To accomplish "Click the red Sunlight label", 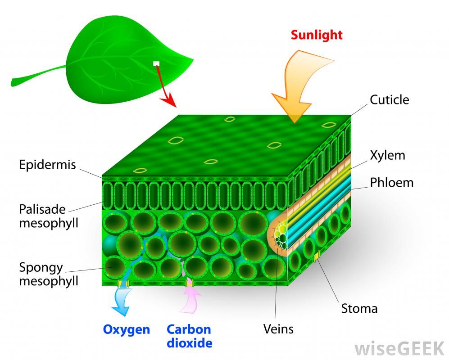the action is pyautogui.click(x=317, y=35).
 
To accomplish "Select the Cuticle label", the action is pyautogui.click(x=390, y=100).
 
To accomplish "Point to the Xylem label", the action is pyautogui.click(x=387, y=155).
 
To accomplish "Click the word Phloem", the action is pyautogui.click(x=392, y=183).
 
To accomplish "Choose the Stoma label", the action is pyautogui.click(x=359, y=309).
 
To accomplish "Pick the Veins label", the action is pyautogui.click(x=278, y=329).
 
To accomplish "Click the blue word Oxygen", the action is pyautogui.click(x=126, y=330).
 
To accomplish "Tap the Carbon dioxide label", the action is pyautogui.click(x=189, y=336).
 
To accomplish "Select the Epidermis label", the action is pyautogui.click(x=48, y=165).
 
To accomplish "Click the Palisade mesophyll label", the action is pyautogui.click(x=49, y=216).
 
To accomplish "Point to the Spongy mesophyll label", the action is pyautogui.click(x=49, y=274).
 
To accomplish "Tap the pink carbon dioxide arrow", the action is pyautogui.click(x=190, y=300).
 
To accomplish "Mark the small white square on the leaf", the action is pyautogui.click(x=156, y=63).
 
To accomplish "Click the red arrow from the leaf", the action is pyautogui.click(x=166, y=86).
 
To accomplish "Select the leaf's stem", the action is pyautogui.click(x=39, y=76).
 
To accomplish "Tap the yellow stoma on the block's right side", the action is pyautogui.click(x=317, y=256).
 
